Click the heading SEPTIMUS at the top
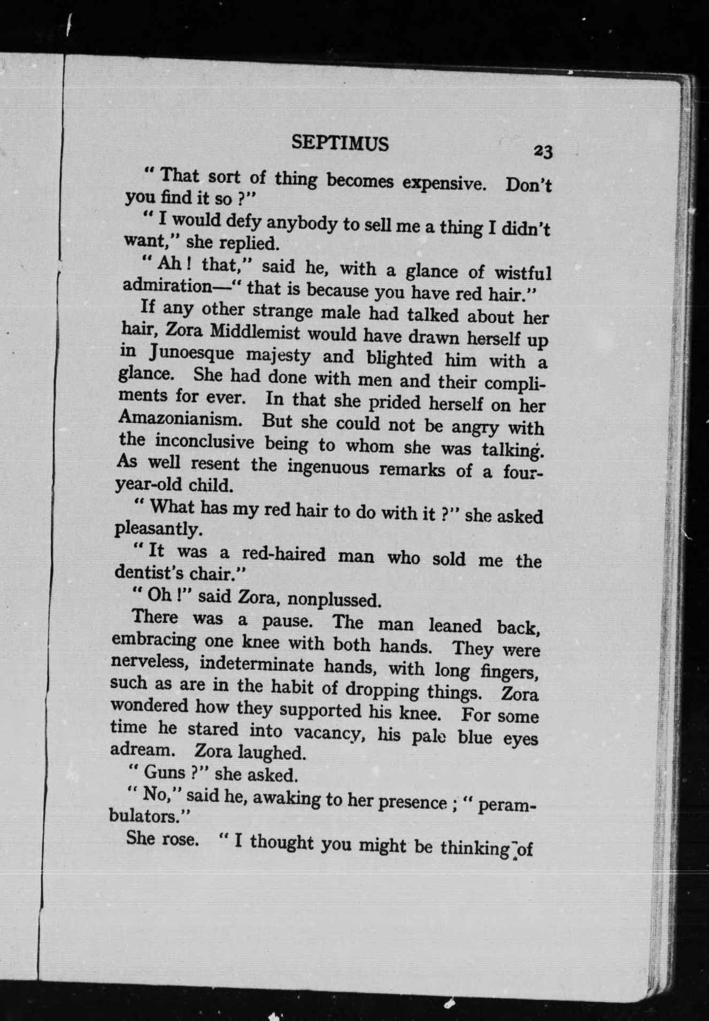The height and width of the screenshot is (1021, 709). point(340,143)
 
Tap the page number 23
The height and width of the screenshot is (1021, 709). point(542,152)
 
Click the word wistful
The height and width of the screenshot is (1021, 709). point(522,274)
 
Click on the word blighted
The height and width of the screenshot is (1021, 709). point(401,357)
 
